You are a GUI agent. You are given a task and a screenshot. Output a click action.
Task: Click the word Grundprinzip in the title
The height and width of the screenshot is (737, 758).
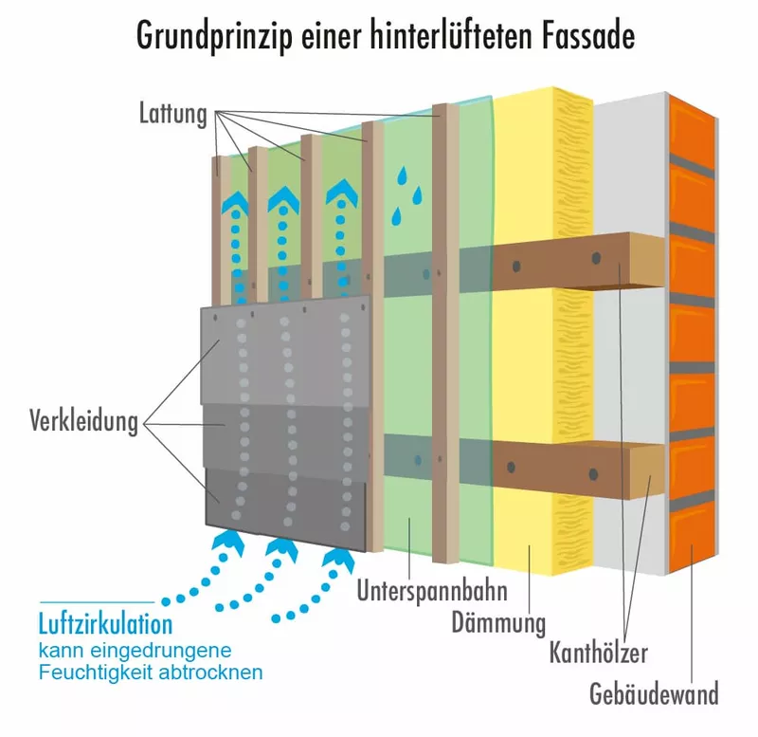[215, 36]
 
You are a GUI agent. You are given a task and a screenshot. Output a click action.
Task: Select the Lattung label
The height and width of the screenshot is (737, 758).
[173, 114]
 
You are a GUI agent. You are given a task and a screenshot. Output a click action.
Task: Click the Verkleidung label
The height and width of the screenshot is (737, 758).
[84, 420]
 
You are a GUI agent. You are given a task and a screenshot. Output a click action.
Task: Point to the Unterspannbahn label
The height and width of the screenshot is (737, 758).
[432, 591]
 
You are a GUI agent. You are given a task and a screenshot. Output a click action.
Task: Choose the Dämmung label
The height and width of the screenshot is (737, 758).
[498, 622]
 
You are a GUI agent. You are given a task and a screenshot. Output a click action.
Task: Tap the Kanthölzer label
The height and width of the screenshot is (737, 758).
[599, 653]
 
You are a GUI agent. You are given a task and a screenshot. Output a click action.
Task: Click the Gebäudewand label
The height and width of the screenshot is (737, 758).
[654, 693]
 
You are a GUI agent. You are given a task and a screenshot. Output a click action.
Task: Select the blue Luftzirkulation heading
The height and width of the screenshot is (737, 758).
[105, 624]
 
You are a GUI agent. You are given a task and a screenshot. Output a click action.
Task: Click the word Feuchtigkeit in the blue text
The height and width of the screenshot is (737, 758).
[97, 673]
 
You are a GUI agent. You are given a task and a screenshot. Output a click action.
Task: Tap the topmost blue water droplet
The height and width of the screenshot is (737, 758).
[402, 176]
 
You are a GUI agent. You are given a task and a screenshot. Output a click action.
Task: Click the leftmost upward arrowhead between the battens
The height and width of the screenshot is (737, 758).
[236, 201]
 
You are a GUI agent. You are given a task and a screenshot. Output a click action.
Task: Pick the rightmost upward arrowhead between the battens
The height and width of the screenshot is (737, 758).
[342, 192]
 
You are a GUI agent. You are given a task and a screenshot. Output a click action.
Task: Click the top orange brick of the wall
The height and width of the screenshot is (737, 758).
[692, 132]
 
